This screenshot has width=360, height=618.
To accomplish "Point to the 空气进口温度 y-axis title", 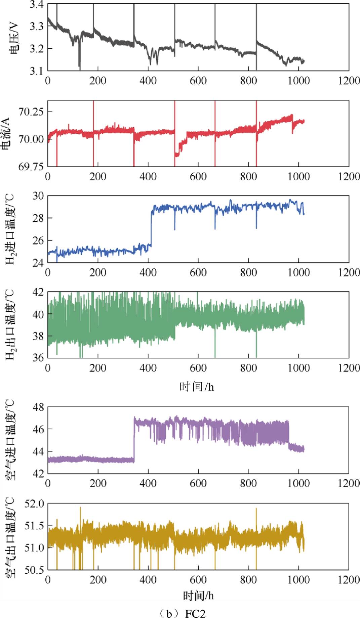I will coord(11,440).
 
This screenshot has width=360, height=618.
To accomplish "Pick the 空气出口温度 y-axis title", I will coord(11,536).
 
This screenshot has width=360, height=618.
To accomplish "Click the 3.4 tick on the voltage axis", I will coord(36,5).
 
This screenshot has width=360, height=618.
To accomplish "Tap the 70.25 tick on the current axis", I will coord(31,112).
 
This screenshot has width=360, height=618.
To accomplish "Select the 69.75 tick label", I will coord(31,167).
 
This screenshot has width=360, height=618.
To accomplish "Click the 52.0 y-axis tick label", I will coord(34,504).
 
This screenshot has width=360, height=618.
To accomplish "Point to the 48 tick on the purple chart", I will coord(38,407).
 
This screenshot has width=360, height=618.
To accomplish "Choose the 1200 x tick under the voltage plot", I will coord(349,81).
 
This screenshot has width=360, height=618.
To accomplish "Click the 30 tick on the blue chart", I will coord(38,196).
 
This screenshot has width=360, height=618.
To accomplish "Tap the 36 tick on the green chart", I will coord(38,358).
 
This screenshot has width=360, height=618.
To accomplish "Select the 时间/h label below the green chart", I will coord(197,387).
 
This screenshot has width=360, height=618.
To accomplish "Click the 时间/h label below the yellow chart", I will coord(198,596).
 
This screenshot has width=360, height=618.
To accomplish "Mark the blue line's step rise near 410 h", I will coord(151,228).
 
